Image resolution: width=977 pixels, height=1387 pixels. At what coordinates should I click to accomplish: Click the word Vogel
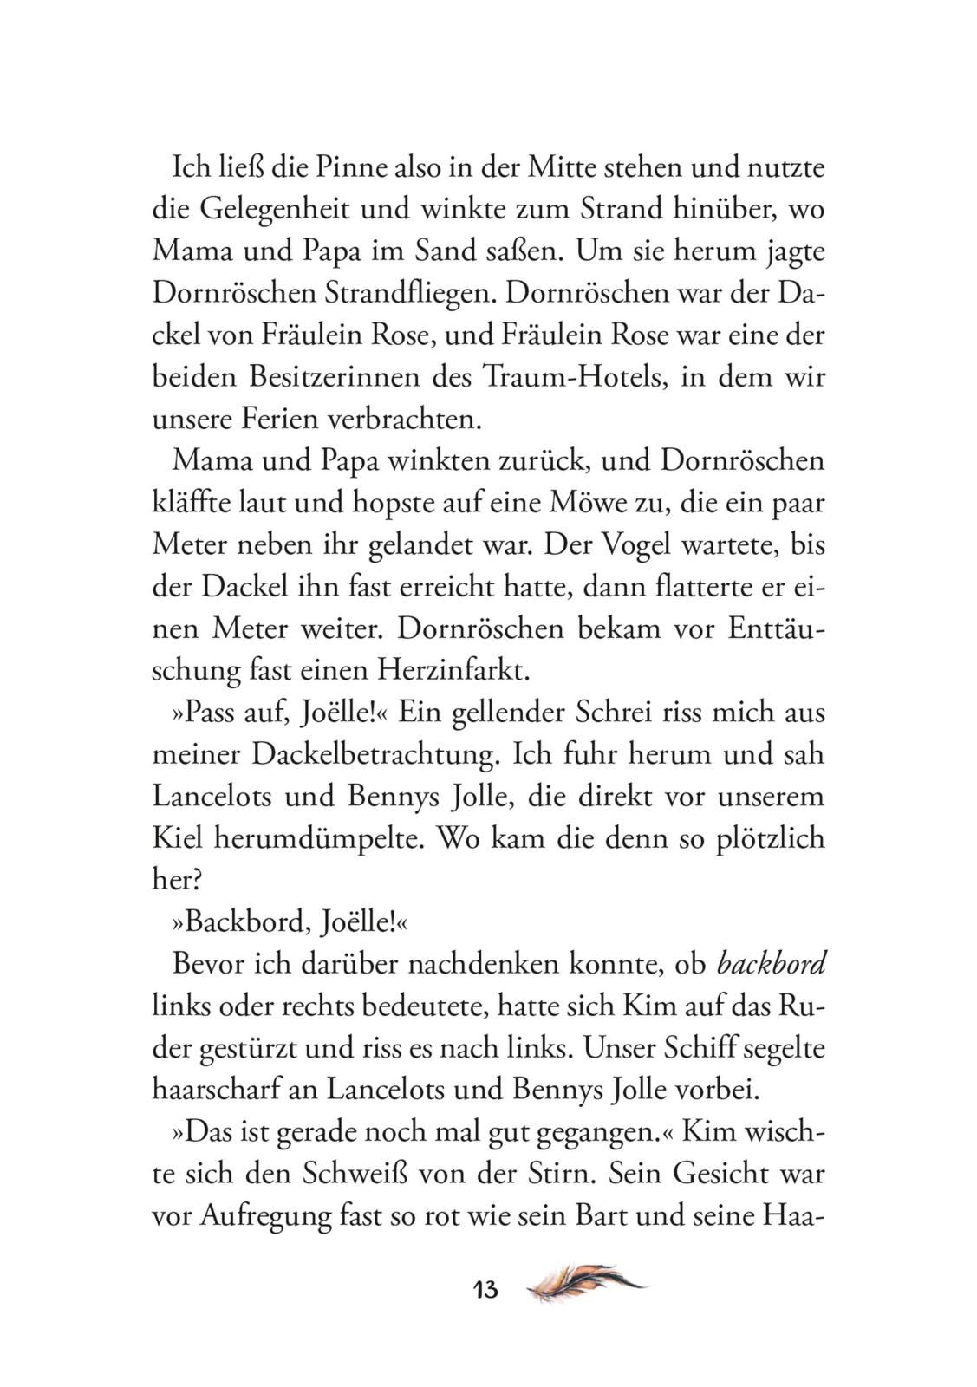tap(606, 544)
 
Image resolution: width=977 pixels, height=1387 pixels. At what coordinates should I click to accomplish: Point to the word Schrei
tap(615, 713)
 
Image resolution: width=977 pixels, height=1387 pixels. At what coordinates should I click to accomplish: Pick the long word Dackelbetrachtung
tap(375, 754)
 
